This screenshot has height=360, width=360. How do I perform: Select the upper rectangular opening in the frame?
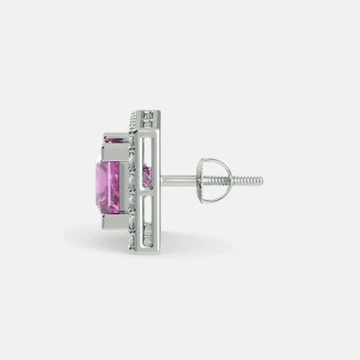point(148,147)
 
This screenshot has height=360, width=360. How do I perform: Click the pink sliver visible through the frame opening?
point(147,177)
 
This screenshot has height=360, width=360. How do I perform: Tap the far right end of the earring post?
point(261,181)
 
